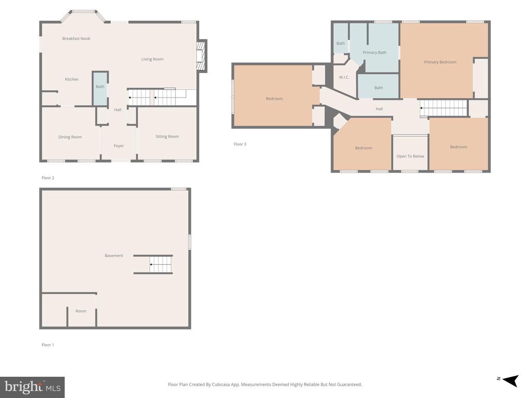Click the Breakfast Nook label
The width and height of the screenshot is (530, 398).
[76, 38]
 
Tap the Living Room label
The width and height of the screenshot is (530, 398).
[152, 59]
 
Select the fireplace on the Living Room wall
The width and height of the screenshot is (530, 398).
[201, 56]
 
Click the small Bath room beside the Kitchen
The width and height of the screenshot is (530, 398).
[100, 88]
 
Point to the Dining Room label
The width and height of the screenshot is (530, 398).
[70, 137]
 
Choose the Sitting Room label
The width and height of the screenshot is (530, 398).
[167, 136]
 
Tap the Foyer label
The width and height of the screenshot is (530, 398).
[119, 146]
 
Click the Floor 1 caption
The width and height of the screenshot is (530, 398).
[48, 345]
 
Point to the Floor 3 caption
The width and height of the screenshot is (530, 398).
[240, 144]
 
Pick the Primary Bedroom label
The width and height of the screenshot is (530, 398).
[440, 62]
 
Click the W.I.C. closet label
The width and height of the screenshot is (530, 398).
[344, 78]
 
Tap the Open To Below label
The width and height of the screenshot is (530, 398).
[410, 157]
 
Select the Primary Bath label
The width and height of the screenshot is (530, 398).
[375, 52]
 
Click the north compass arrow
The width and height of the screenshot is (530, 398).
[510, 380]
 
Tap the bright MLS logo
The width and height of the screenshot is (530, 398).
[33, 387]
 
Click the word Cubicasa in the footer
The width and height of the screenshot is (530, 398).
[221, 385]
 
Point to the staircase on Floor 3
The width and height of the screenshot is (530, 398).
[444, 108]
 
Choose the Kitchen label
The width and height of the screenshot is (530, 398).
[71, 79]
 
